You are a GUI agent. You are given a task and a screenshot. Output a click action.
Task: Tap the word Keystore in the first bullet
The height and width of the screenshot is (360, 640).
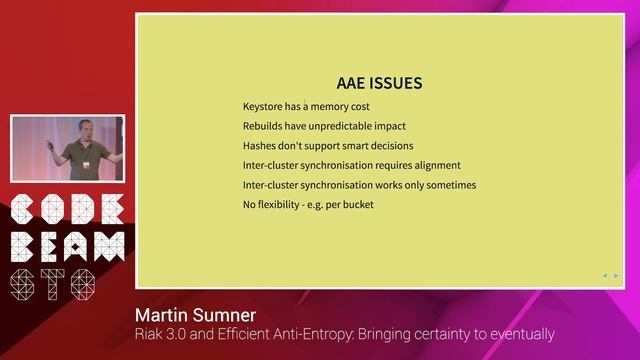point(264,107)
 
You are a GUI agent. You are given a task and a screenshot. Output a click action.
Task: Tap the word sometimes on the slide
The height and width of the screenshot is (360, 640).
point(448,185)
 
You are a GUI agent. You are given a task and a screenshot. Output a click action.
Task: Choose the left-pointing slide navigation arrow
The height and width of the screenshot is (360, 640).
point(604,275)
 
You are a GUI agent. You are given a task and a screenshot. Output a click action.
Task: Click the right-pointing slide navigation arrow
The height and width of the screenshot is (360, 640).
point(616,275)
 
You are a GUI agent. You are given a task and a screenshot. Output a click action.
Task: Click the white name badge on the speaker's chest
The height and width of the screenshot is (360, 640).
point(87,164)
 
